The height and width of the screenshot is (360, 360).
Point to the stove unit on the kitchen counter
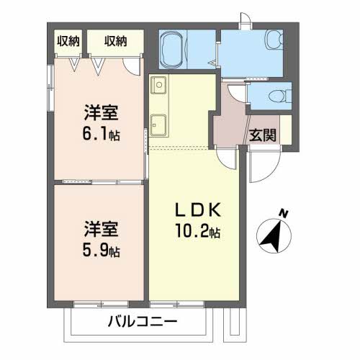[x=159, y=123]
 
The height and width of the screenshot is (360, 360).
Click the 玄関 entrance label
[x=263, y=135]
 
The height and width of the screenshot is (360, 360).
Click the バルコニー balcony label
[x=143, y=322]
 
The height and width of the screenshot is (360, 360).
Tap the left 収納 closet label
[x=68, y=41]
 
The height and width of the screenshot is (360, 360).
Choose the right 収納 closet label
[x=115, y=41]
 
